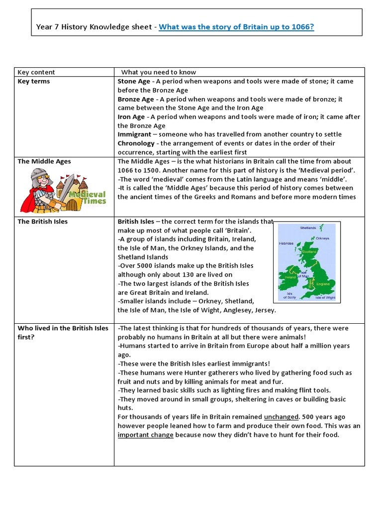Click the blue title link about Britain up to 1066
click(x=236, y=27)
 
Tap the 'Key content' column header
click(x=36, y=72)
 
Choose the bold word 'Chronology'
click(x=136, y=143)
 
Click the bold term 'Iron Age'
click(x=131, y=117)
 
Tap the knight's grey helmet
click(x=39, y=176)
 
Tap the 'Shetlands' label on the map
click(x=308, y=228)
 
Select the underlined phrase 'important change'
click(x=145, y=435)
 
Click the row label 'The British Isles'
click(x=43, y=222)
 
